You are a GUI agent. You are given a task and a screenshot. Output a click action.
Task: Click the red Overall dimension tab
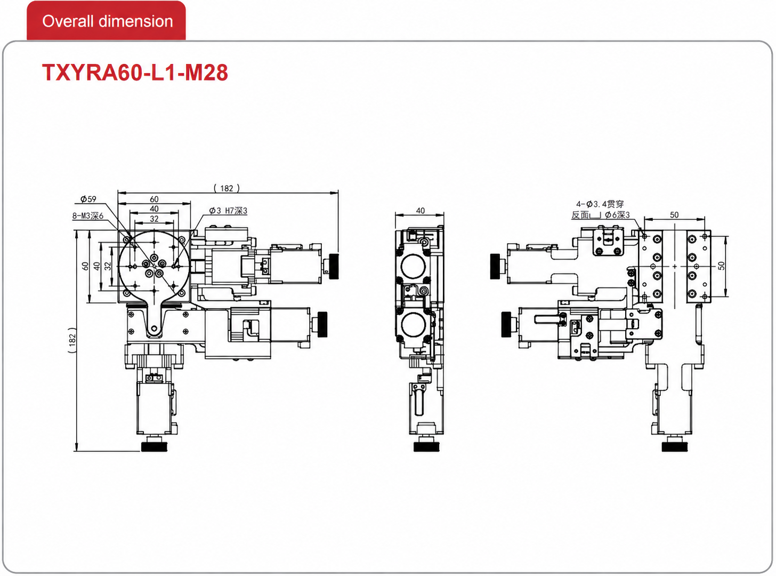coord(106,21)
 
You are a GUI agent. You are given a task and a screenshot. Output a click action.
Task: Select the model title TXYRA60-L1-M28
coord(135,73)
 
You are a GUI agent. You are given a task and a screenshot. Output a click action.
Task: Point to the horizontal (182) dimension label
coord(227,188)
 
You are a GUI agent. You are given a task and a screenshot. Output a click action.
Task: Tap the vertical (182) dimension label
coord(72,340)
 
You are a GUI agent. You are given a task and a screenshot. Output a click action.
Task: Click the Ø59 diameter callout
coord(88,199)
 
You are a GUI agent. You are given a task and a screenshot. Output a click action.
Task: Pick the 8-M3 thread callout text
coord(88,215)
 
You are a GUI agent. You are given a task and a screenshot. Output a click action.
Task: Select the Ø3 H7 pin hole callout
coord(228,211)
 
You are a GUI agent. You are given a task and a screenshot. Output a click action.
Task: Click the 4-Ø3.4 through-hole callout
coord(600,204)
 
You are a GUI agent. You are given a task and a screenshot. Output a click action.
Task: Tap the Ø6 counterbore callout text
coord(617,215)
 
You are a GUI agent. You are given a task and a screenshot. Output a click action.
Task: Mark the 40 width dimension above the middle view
coord(420,211)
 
